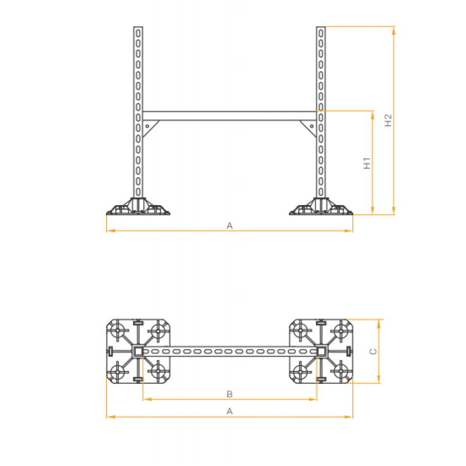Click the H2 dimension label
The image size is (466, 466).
coord(389,121)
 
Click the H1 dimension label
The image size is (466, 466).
coord(367,164)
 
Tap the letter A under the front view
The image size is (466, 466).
coord(230,225)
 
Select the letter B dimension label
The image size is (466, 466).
coord(230,394)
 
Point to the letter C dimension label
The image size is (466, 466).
coord(374,351)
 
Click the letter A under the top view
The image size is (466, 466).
coord(230,411)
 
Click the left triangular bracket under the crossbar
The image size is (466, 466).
coord(150,127)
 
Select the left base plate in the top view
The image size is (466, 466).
coord(139,351)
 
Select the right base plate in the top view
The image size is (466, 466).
coord(321,351)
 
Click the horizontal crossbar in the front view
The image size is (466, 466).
coord(230,115)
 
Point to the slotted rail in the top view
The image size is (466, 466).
coord(230,351)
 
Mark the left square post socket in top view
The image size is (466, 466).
coord(138,351)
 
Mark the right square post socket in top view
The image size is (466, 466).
coord(321,351)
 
